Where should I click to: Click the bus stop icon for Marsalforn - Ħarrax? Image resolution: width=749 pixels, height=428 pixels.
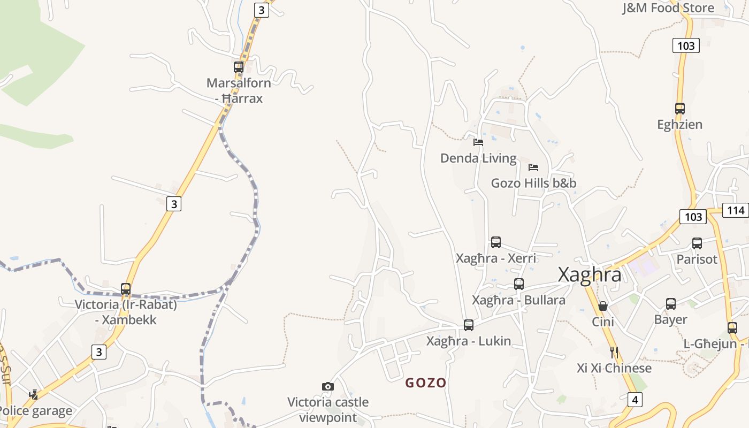(x=239, y=67)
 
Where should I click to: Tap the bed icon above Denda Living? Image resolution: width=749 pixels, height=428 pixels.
(x=478, y=142)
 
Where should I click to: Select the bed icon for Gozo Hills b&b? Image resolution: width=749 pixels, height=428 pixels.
(x=533, y=167)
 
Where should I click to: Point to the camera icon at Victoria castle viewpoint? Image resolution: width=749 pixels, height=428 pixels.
(x=328, y=386)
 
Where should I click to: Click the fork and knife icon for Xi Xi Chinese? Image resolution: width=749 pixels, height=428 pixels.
(x=614, y=352)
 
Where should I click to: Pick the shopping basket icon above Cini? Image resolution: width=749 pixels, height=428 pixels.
(x=603, y=306)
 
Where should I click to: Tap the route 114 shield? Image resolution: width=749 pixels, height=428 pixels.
(x=736, y=210)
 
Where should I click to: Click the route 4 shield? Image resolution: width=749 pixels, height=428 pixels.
(x=635, y=399)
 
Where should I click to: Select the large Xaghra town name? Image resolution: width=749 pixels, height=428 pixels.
(x=590, y=274)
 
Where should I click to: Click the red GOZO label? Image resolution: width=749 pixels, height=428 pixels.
(x=426, y=383)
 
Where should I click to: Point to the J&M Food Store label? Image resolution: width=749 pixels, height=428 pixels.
(x=668, y=8)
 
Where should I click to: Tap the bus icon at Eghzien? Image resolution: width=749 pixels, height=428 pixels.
(x=680, y=109)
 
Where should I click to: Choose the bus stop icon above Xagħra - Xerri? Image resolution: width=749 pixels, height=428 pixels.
(x=496, y=242)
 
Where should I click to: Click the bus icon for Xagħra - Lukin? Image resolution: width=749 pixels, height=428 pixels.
(x=469, y=325)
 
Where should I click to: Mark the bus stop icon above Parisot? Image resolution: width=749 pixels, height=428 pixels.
(x=697, y=243)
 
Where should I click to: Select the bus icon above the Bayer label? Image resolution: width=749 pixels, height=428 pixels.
(x=671, y=304)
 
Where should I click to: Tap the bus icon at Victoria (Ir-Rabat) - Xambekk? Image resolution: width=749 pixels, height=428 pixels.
(x=126, y=289)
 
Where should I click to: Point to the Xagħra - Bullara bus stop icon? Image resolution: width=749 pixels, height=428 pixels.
(x=519, y=284)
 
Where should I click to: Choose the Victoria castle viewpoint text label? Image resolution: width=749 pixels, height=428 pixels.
(x=328, y=409)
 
